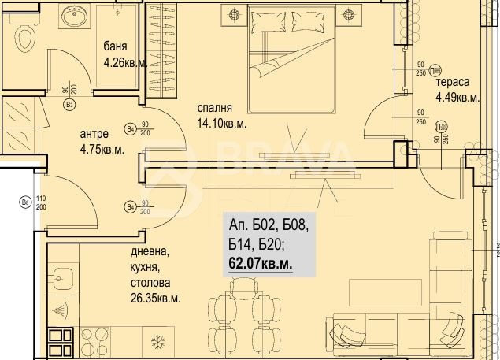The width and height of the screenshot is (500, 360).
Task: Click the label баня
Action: tap(117, 46)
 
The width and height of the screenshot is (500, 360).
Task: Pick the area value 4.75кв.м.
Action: tap(102, 149)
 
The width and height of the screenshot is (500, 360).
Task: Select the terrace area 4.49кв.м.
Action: tap(458, 98)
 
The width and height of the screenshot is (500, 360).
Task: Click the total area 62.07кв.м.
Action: tap(260, 265)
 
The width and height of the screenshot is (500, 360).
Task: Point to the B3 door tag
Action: tap(69, 103)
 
